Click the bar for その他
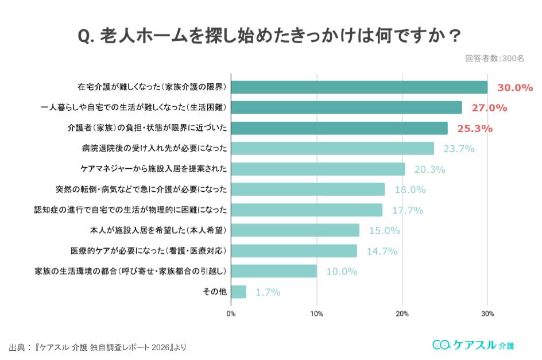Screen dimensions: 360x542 [x=238, y=292]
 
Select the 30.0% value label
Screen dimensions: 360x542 [x=515, y=88]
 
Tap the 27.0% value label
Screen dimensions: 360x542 [x=489, y=108]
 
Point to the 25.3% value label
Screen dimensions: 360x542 [x=474, y=129]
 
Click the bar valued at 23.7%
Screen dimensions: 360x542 [x=332, y=149]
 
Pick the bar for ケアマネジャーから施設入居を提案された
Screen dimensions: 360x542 [x=318, y=169]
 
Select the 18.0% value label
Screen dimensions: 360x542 [x=410, y=189]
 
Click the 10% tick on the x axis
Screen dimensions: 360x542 [x=316, y=313]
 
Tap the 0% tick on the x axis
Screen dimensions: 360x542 [x=231, y=313]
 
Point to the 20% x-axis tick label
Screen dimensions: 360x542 [x=402, y=313]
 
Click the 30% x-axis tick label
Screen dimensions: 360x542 [x=487, y=313]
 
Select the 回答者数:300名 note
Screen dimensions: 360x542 [x=494, y=58]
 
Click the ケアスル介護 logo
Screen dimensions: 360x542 [x=473, y=344]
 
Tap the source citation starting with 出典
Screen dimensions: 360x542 [x=98, y=347]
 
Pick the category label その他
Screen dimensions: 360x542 [x=215, y=292]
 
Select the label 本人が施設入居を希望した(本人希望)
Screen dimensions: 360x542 [x=158, y=230]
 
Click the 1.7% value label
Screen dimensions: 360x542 [x=268, y=292]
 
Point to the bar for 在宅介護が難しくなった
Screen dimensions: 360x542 [x=359, y=87]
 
